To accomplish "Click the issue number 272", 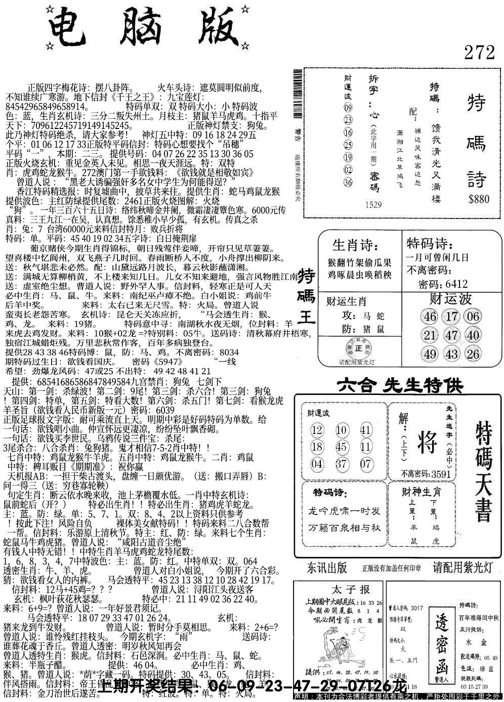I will [478, 52].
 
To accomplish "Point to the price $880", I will [479, 199].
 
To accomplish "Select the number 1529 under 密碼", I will [372, 205].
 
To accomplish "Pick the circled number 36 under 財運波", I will [348, 182].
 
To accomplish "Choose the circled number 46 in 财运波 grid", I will [430, 317].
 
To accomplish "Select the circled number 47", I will [451, 335].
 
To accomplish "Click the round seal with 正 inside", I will [359, 348].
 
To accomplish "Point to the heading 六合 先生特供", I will [400, 386].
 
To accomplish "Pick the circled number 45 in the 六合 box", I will [342, 447].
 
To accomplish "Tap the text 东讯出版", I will [327, 567].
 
